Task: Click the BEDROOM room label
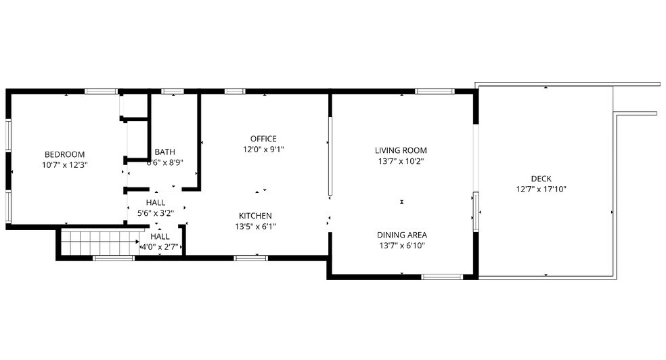coord(65,154)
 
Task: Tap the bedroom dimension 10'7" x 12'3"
coord(65,164)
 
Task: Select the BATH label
coord(165,152)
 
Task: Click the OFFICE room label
coord(263,139)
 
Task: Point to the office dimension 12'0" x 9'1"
coord(263,150)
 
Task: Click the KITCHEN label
coord(254,217)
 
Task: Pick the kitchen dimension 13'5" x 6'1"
coord(254,227)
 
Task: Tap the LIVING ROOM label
coord(401,151)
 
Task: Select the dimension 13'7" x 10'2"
coord(401,161)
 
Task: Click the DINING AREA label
coord(401,235)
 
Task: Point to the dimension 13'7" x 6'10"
coord(401,246)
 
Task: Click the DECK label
coord(541,179)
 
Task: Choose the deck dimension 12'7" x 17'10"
coord(541,189)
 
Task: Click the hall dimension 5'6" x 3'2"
coord(155,213)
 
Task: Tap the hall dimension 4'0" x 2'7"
coord(160,247)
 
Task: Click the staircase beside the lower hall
coord(98,242)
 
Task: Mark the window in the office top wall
coord(234,91)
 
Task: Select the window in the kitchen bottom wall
coord(250,258)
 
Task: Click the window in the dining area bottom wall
coord(441,276)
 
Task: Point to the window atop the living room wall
coord(434,91)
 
